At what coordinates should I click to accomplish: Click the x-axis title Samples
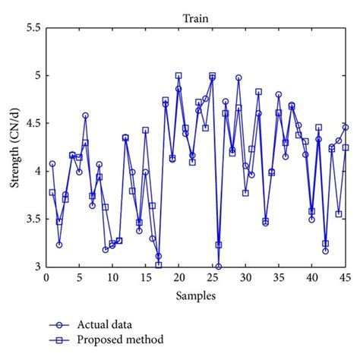[x=197, y=292]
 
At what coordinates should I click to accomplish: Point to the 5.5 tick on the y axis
[x=33, y=27]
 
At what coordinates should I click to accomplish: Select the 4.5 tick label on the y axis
[x=33, y=123]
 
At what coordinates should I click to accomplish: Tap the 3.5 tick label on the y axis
[x=33, y=219]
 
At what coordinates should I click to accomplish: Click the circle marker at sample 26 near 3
[x=219, y=267]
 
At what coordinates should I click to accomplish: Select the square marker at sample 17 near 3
[x=159, y=265]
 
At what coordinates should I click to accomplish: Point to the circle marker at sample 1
[x=52, y=163]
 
